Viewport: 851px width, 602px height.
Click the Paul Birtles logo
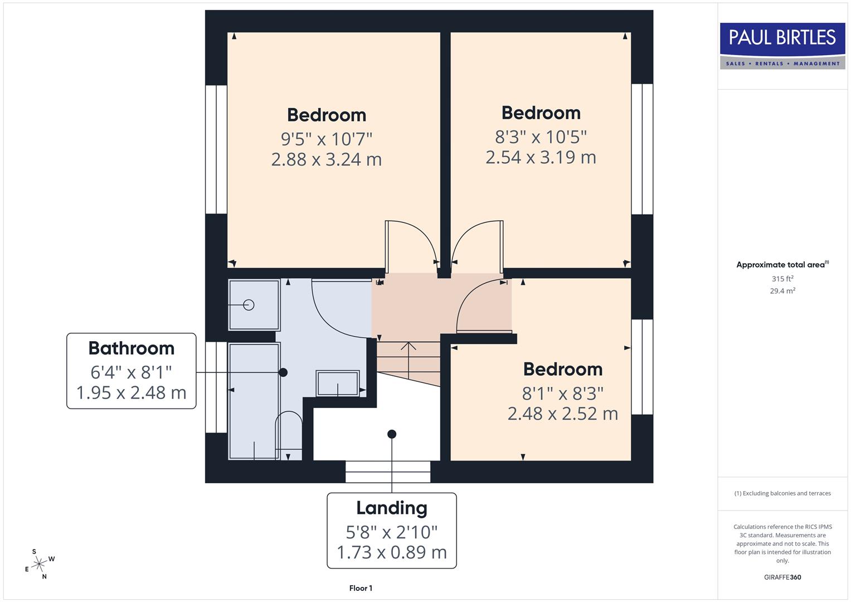782,46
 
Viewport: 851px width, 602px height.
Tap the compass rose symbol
38,565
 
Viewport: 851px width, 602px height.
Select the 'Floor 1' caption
361,588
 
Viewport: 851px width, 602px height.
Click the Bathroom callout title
132,348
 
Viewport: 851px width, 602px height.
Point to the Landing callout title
392,508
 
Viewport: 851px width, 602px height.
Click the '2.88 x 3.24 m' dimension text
327,160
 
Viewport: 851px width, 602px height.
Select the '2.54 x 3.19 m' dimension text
541,158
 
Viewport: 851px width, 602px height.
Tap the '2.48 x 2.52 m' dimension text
562,414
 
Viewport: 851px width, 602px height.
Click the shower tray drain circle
249,305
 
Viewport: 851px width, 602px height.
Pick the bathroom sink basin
338,383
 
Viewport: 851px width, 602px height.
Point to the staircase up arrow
409,357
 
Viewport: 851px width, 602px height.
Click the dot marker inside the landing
392,434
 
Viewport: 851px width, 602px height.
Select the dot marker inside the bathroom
283,372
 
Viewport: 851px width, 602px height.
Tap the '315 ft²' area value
782,279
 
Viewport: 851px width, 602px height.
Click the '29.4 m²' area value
782,291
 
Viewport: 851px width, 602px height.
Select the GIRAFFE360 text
782,577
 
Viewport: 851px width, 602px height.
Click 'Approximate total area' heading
780,265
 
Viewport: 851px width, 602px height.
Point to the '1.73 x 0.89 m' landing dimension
392,552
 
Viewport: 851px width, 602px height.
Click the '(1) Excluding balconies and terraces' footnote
782,493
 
